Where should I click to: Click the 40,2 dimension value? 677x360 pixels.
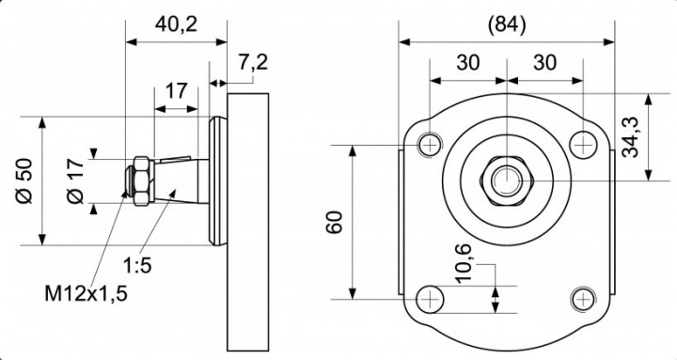coord(176,25)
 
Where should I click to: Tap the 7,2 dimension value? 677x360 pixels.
coord(253,63)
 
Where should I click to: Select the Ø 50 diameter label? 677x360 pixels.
coord(24,180)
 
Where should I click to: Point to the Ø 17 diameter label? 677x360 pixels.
coord(75,180)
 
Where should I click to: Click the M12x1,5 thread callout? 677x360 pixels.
coord(87,293)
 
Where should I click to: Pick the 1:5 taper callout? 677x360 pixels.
coord(137,265)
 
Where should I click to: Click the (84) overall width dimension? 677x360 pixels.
coord(507,25)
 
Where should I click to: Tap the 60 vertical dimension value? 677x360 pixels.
coord(335,223)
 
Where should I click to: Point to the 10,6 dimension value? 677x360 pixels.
coord(464,263)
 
